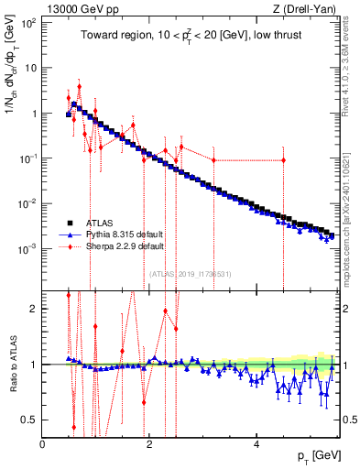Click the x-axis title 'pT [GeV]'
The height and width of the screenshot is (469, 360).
click(x=314, y=456)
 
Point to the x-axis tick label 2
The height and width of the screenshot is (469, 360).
click(x=148, y=442)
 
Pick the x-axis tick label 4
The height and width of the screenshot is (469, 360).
click(x=256, y=442)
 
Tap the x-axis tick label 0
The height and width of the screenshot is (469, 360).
click(x=42, y=442)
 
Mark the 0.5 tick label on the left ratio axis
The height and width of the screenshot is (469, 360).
click(x=31, y=420)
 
